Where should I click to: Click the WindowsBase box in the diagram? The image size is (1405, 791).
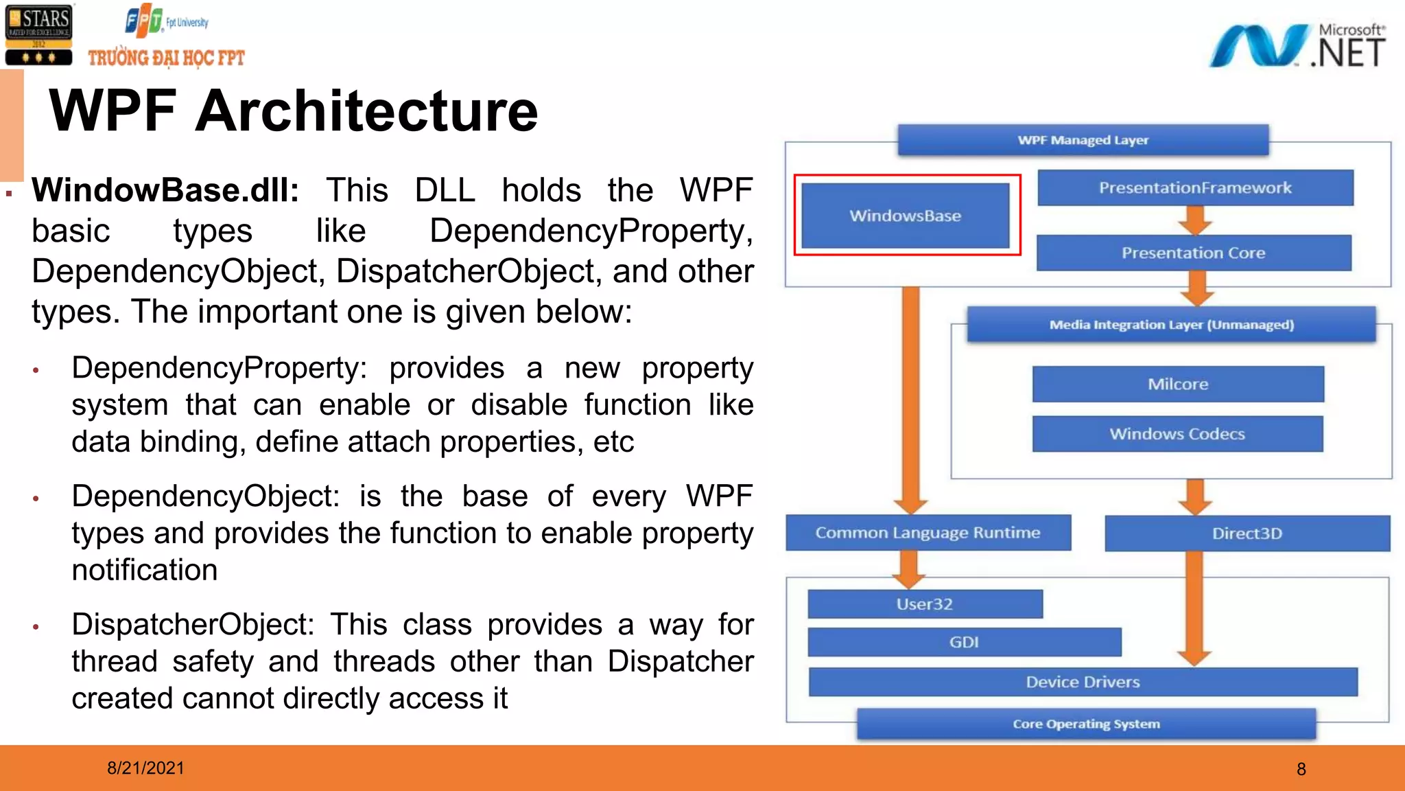(x=905, y=216)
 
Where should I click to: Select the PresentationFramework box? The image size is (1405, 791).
(x=1195, y=187)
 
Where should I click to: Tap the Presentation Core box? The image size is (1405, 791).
(x=1194, y=253)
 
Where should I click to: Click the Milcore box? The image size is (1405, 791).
(x=1178, y=384)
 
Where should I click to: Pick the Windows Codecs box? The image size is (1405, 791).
(x=1177, y=434)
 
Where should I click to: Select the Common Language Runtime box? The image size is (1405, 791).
(x=928, y=533)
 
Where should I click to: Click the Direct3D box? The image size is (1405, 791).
(x=1247, y=534)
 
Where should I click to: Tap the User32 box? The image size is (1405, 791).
(x=924, y=604)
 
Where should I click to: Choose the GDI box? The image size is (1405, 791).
(x=964, y=642)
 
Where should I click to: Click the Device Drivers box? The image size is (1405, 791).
(x=1083, y=682)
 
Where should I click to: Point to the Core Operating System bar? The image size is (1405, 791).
(x=1086, y=724)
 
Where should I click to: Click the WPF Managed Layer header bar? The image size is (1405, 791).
(x=1083, y=140)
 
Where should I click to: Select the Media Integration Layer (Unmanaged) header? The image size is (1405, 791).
(x=1171, y=324)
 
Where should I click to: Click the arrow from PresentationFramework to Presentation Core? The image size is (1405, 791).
(x=1195, y=220)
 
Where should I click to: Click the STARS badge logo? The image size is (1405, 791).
(x=38, y=34)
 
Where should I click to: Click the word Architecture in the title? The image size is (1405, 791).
(x=366, y=111)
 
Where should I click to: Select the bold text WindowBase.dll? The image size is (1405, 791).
(x=165, y=190)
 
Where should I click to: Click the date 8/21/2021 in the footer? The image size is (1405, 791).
(x=145, y=768)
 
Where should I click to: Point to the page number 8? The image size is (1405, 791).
(x=1301, y=769)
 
